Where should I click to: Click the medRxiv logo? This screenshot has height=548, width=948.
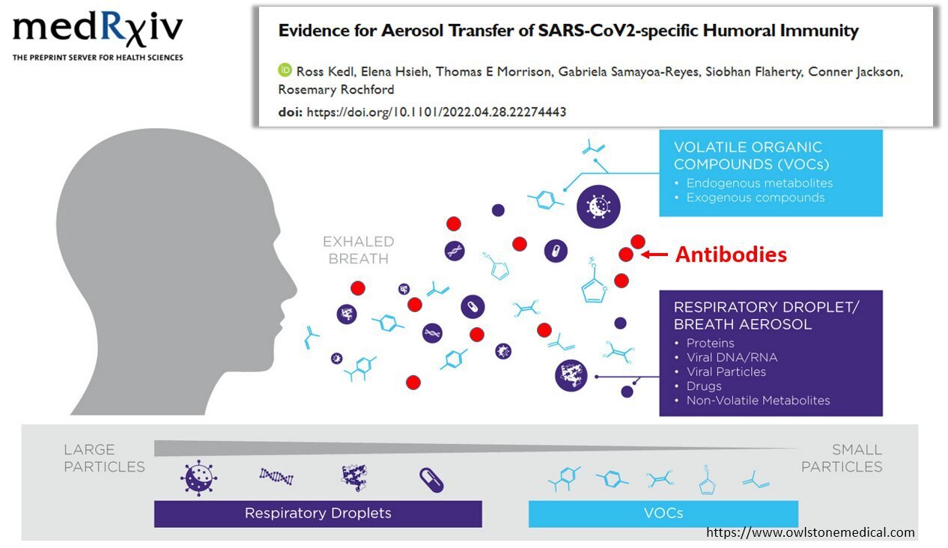[98, 37]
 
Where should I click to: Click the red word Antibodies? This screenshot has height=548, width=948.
[731, 255]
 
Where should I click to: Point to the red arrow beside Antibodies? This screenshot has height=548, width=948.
[654, 255]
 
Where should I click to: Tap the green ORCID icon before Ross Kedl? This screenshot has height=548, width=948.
[285, 70]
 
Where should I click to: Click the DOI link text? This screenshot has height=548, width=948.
[437, 112]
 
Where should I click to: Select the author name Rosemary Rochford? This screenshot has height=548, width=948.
[336, 90]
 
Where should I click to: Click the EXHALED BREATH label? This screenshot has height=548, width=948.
[359, 249]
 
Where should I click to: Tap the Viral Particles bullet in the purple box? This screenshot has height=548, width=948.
[726, 371]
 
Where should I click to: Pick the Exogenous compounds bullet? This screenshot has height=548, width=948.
[756, 198]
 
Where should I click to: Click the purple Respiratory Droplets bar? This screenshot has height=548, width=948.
[317, 514]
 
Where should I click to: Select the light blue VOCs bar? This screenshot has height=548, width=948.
[663, 514]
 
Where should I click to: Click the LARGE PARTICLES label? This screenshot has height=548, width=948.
[104, 458]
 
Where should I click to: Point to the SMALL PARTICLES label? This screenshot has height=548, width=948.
[842, 458]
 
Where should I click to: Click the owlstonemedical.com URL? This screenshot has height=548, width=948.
[810, 532]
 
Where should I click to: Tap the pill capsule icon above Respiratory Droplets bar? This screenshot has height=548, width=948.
[431, 480]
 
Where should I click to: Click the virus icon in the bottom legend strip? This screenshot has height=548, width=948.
[198, 478]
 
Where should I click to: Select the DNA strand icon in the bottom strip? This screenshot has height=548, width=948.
[276, 476]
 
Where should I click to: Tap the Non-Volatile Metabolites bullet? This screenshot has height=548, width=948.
[758, 401]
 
